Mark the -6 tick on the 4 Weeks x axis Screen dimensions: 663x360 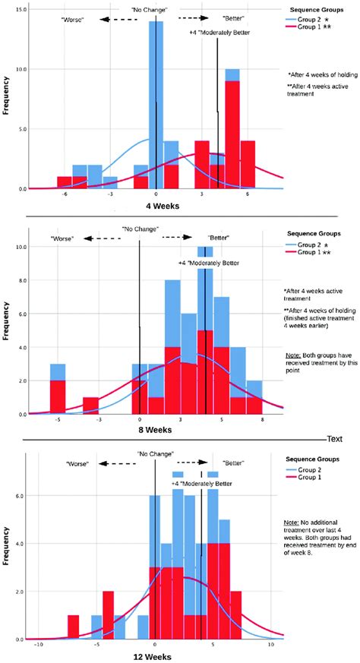click(x=65, y=194)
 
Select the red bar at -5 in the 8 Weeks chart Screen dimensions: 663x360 click(x=58, y=395)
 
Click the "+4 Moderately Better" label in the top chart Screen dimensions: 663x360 click(x=220, y=33)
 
